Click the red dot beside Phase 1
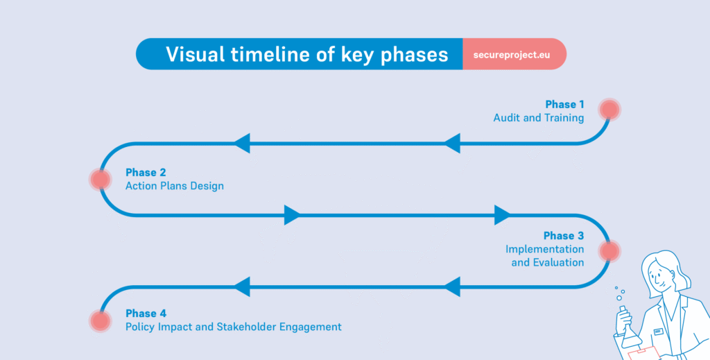609,110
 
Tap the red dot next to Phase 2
101,180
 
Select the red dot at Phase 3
609,251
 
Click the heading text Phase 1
564,104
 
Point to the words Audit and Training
538,118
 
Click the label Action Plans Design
175,186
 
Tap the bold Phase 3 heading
563,236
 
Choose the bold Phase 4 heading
146,313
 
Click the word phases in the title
414,54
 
